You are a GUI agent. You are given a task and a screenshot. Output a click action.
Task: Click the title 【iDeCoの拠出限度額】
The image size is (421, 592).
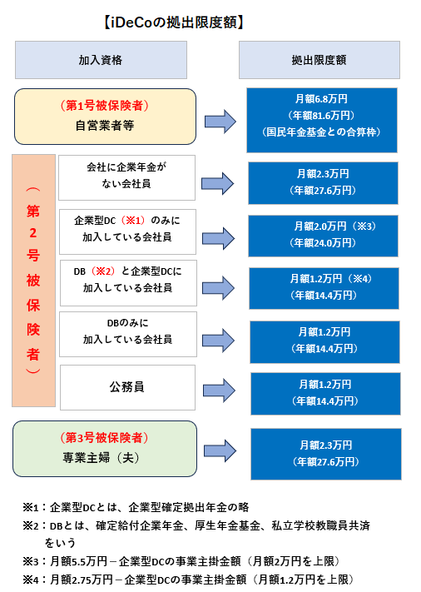tap(174, 22)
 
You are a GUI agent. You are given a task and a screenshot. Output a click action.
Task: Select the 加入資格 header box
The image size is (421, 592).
tap(102, 60)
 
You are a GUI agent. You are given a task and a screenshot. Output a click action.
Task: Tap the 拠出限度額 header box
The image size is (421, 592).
tap(319, 60)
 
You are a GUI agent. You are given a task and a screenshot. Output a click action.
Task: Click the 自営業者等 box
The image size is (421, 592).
tap(105, 117)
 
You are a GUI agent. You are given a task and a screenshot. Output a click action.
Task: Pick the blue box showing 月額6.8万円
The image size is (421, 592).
tap(322, 120)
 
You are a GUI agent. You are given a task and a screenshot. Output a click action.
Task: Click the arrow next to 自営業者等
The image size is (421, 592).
tap(220, 122)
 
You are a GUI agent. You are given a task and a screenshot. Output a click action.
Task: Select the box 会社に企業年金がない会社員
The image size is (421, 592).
tap(126, 177)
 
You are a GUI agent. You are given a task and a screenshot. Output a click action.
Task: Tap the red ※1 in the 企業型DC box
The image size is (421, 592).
tap(133, 221)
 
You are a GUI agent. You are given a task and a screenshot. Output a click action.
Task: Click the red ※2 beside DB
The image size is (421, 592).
tap(103, 271)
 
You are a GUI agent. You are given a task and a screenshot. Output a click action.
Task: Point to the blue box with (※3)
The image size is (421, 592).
tap(323, 236)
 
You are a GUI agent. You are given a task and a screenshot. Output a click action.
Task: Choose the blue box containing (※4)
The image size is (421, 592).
tap(324, 288)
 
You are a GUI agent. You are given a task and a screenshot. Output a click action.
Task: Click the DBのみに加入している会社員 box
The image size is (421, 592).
tap(128, 334)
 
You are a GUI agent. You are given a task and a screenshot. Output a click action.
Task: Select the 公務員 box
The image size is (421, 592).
tap(127, 387)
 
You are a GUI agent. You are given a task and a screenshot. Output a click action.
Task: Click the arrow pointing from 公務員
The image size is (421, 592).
tap(219, 391)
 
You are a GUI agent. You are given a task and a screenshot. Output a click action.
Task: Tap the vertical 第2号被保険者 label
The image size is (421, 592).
tap(33, 281)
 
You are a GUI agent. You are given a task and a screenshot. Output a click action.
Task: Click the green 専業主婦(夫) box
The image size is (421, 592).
tap(105, 449)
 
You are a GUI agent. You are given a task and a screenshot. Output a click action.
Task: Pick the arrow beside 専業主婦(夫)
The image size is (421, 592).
tap(220, 450)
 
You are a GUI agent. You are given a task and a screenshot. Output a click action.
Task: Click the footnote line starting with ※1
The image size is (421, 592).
tap(136, 507)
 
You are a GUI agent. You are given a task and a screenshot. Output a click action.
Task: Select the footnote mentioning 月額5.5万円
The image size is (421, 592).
tap(181, 561)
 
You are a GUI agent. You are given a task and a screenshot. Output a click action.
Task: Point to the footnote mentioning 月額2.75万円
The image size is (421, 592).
tap(188, 580)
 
